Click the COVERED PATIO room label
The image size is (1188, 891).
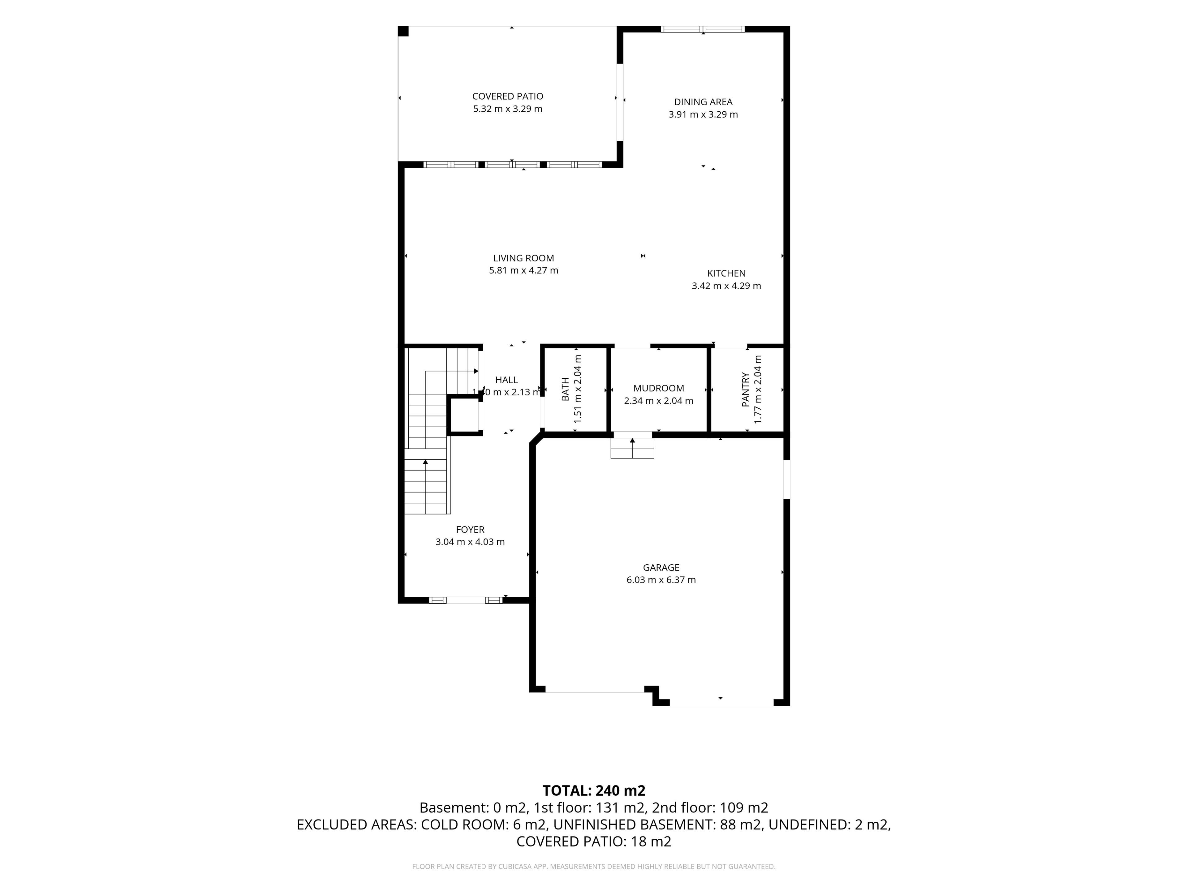(x=508, y=96)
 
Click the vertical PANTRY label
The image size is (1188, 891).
(x=746, y=390)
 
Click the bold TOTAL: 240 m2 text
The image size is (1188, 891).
(x=594, y=790)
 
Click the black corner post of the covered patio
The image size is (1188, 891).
(x=403, y=31)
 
